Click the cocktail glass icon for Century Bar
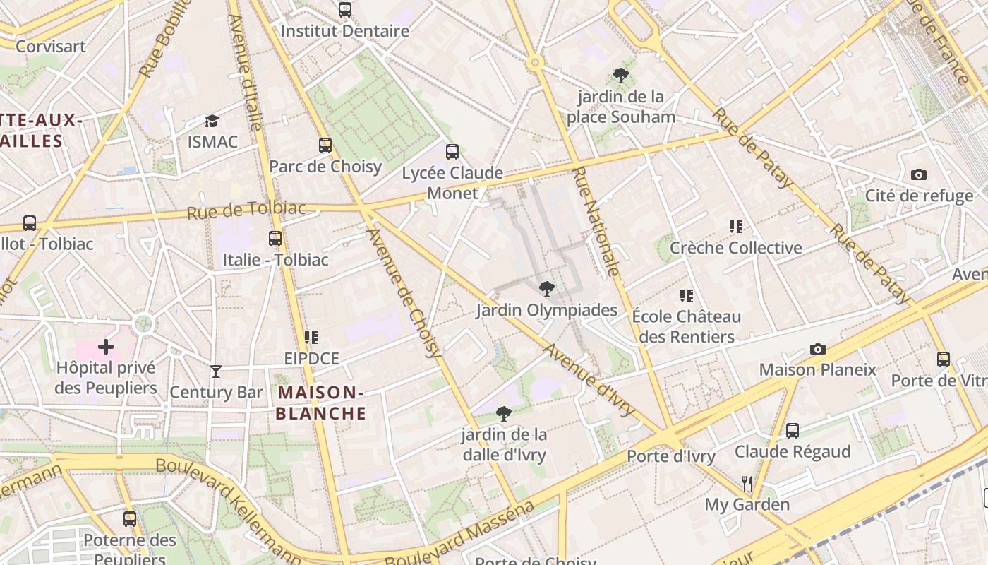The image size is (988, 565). coord(216,371)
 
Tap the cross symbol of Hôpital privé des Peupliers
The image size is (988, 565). coord(106,347)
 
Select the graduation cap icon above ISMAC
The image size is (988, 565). coord(212,121)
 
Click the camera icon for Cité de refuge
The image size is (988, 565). coord(919,174)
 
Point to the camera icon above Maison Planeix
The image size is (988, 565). coord(818,349)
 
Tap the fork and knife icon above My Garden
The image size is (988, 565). coord(747,484)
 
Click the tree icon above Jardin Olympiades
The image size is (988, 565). coord(546,289)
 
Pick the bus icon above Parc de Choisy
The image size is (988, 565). coord(325,145)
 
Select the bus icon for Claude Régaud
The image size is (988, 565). coord(793,431)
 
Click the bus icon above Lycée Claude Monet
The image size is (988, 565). coord(452,152)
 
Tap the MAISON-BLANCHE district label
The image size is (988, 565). coord(321,403)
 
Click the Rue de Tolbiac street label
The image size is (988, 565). coord(246,210)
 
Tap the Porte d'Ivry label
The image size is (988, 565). coord(671,456)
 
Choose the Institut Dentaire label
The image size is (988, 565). coord(345,31)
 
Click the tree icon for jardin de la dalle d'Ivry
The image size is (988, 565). coord(504,413)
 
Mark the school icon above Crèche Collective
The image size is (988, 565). coord(736,227)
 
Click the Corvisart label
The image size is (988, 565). coord(51,47)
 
